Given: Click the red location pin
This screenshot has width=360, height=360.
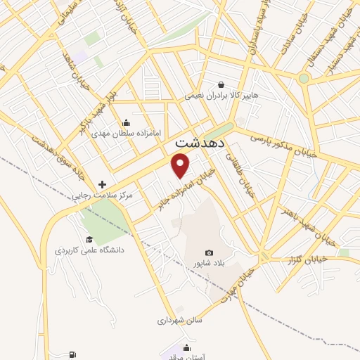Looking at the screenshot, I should pyautogui.click(x=181, y=166).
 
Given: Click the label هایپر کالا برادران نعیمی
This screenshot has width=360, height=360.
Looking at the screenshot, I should pyautogui.click(x=222, y=95).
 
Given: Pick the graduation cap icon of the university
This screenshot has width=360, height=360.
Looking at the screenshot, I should pyautogui.click(x=89, y=239).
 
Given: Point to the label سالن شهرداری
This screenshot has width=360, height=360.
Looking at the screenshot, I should pyautogui.click(x=179, y=320).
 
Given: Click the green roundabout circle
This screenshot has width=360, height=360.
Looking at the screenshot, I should pyautogui.click(x=304, y=78).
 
